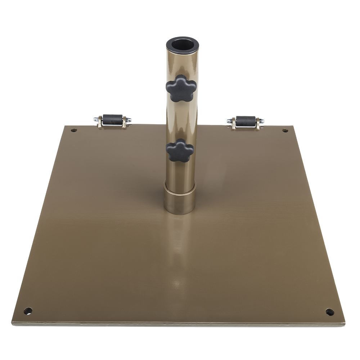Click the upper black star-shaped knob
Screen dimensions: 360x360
pyautogui.click(x=181, y=88)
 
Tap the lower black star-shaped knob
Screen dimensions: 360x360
pyautogui.click(x=180, y=150)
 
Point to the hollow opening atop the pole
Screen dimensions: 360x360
pyautogui.click(x=183, y=45)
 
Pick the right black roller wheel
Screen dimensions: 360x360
pyautogui.click(x=246, y=121)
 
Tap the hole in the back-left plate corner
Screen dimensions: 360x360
pyautogui.click(x=74, y=130)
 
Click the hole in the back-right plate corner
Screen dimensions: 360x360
pyautogui.click(x=285, y=130)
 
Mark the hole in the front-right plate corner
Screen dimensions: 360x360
pyautogui.click(x=330, y=312)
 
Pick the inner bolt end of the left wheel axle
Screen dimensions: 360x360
pyautogui.click(x=129, y=120)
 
